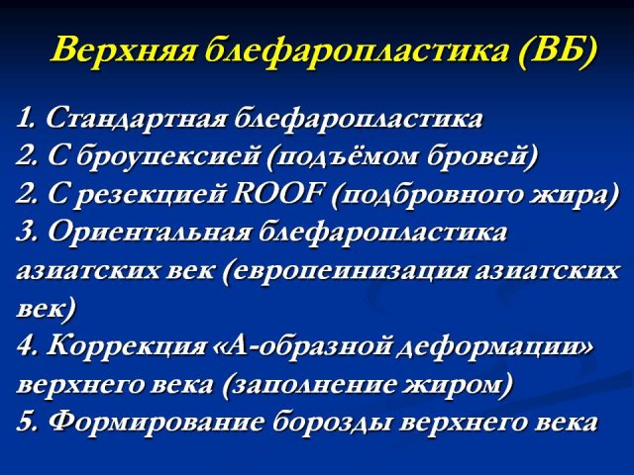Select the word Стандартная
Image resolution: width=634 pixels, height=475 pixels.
click(x=136, y=119)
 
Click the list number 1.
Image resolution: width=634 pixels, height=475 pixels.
click(x=27, y=118)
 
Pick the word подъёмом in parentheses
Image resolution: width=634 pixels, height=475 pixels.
click(x=344, y=156)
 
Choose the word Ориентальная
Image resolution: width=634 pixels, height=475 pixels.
click(x=150, y=233)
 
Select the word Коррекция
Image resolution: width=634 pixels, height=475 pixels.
click(x=128, y=345)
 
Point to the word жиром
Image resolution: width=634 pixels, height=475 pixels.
click(x=458, y=384)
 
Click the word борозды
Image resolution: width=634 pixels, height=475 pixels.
click(x=332, y=422)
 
